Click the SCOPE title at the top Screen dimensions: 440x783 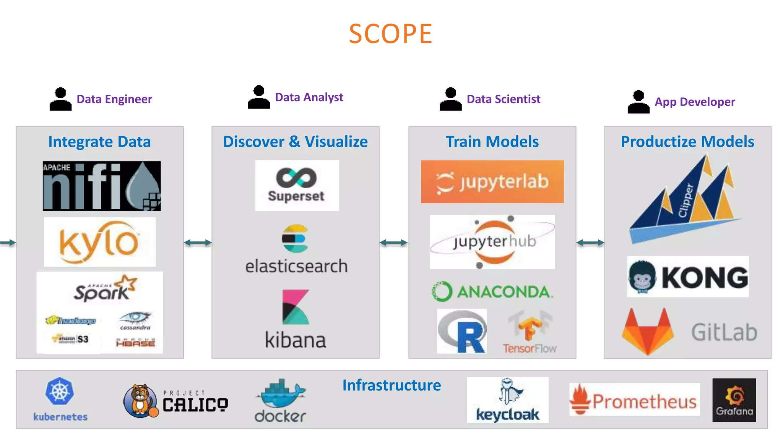tap(390, 34)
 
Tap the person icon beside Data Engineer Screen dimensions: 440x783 tap(60, 99)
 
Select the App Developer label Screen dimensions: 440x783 tap(695, 102)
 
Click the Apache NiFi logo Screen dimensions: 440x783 tap(102, 186)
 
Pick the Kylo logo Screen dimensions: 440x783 tap(99, 242)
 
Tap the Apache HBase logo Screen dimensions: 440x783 tap(136, 342)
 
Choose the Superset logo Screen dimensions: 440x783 tap(297, 185)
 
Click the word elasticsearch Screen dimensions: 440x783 tap(296, 266)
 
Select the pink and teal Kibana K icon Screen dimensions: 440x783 tap(295, 307)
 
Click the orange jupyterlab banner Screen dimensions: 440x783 tap(492, 182)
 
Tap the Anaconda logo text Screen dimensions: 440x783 tap(505, 292)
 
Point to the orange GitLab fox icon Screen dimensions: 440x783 tap(647, 331)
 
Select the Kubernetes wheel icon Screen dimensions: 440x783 tap(60, 391)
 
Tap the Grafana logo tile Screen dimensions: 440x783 tap(734, 400)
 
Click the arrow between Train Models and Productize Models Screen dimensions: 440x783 tap(590, 243)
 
